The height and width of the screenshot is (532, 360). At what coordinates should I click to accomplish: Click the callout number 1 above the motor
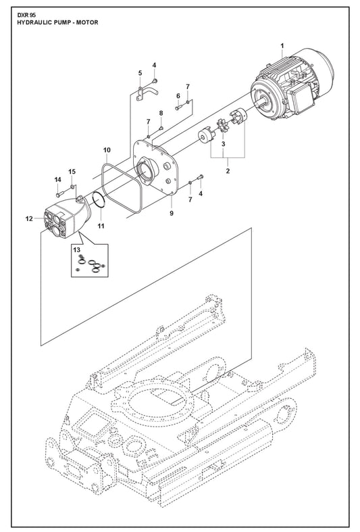[282, 46]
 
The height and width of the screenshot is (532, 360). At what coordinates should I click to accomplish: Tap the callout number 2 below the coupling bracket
[228, 171]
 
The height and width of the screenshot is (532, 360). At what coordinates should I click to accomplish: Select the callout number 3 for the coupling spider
[224, 144]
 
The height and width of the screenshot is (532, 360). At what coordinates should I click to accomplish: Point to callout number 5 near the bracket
[140, 73]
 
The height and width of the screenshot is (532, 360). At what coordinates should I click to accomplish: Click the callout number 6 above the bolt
[178, 97]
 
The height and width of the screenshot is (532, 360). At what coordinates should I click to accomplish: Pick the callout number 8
[161, 113]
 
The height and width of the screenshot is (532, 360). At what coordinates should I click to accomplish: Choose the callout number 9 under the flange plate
[172, 213]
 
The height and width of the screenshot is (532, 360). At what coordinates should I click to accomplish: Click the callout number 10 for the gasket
[107, 150]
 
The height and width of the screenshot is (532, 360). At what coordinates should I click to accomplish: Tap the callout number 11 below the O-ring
[101, 226]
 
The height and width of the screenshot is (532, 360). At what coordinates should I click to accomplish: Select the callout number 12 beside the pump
[29, 219]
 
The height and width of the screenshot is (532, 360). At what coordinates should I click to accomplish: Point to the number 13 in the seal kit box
[77, 250]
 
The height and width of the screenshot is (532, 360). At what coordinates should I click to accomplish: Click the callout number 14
[57, 180]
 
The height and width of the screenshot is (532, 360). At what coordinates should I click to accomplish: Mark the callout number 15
[72, 172]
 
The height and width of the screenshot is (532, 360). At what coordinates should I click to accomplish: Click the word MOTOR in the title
[88, 22]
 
